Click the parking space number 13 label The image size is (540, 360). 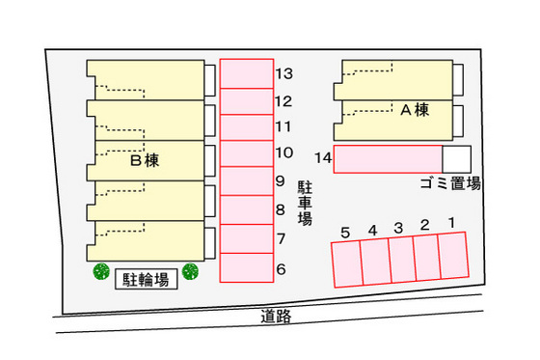pyautogui.click(x=283, y=73)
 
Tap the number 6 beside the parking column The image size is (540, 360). pyautogui.click(x=281, y=269)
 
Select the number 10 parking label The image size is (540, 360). pyautogui.click(x=283, y=152)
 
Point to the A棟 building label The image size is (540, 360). pyautogui.click(x=415, y=110)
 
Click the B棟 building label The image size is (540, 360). pyautogui.click(x=145, y=161)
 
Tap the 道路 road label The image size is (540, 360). pyautogui.click(x=276, y=316)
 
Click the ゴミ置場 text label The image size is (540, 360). pyautogui.click(x=450, y=183)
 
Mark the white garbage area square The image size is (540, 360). pyautogui.click(x=456, y=159)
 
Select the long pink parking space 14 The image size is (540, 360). pyautogui.click(x=388, y=159)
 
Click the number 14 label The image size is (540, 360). pyautogui.click(x=322, y=156)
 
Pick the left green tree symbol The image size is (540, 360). pyautogui.click(x=99, y=272)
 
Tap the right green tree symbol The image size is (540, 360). pyautogui.click(x=190, y=272)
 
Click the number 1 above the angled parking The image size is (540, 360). pyautogui.click(x=450, y=224)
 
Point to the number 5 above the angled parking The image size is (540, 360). pyautogui.click(x=345, y=233)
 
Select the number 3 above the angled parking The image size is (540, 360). pyautogui.click(x=397, y=228)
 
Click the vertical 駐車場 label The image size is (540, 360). pyautogui.click(x=304, y=201)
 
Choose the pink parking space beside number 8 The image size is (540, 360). pyautogui.click(x=246, y=210)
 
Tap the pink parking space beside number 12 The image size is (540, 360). pyautogui.click(x=246, y=101)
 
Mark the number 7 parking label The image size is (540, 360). pyautogui.click(x=281, y=238)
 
